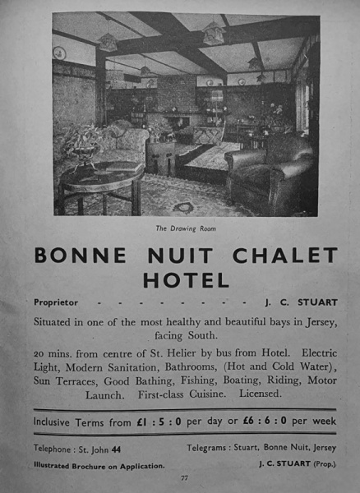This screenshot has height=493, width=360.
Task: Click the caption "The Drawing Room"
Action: [180, 228]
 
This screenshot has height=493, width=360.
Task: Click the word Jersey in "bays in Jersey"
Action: [315, 321]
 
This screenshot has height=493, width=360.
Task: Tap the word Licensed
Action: [256, 394]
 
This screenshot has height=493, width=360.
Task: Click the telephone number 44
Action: [116, 449]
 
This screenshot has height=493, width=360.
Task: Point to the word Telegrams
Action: [211, 449]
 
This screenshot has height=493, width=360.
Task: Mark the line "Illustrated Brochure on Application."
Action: [99, 465]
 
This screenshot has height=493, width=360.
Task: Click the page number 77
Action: [184, 477]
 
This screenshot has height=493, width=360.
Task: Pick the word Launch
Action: [104, 394]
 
